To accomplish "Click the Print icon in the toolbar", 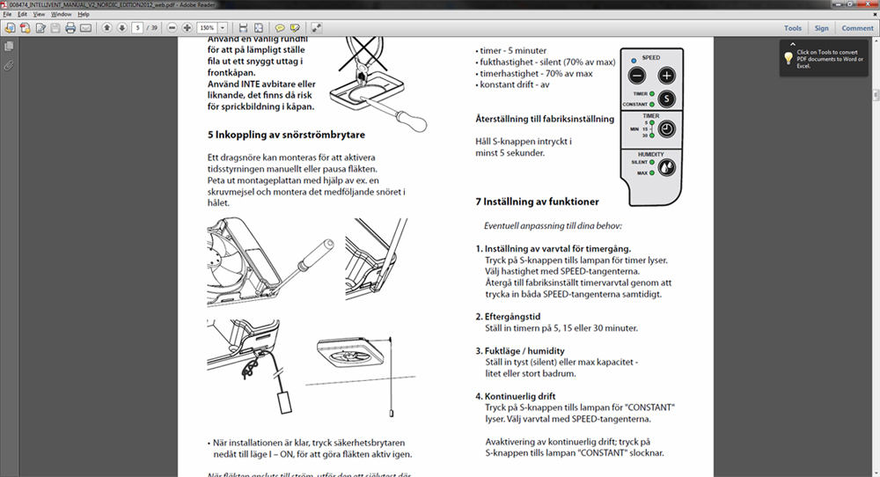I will pos(70,28).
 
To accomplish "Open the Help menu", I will pos(84,15).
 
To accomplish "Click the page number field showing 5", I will pos(137,28).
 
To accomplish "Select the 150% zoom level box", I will pos(209,28).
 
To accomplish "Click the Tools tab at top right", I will pos(793,28).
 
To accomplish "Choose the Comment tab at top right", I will pos(857,28).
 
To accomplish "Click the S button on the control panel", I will pos(667,99).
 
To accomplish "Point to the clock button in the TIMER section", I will pos(667,129).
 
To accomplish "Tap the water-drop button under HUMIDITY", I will pos(667,167).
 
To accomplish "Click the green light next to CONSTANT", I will pos(650,104).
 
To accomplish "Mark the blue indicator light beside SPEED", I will pos(633,59).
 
